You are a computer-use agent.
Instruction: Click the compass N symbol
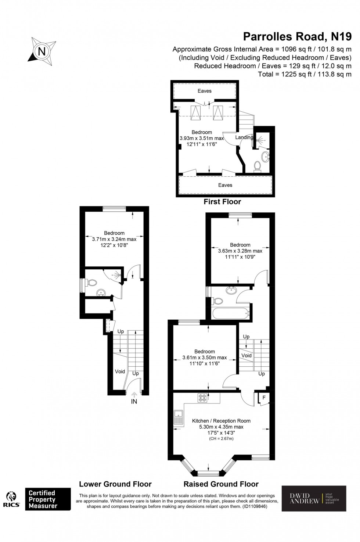[42, 51]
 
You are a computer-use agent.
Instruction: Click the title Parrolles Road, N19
[298, 36]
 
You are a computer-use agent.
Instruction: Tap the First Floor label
[222, 202]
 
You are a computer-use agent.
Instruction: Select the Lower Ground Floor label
[115, 484]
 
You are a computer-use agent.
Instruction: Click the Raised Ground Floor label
[221, 484]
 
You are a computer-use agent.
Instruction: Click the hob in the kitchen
[202, 398]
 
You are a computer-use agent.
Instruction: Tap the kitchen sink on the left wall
[178, 418]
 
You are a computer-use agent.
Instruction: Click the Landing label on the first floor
[244, 137]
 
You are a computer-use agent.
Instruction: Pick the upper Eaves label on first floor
[205, 91]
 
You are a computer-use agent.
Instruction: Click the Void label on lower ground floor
[120, 371]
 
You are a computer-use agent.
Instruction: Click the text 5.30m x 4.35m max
[221, 427]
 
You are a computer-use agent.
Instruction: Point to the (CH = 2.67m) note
[221, 439]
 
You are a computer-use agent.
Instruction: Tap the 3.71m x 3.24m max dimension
[114, 239]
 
